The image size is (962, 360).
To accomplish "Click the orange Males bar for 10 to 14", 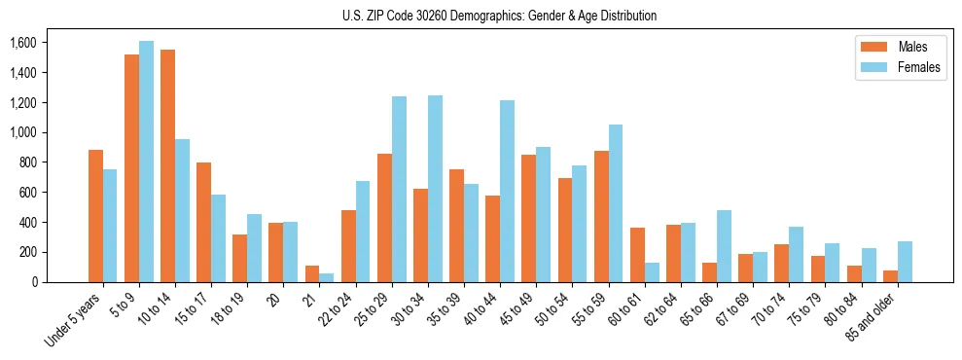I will (167, 165).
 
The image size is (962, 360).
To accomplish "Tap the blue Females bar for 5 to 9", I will (146, 162).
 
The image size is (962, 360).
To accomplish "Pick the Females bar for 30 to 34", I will (435, 189).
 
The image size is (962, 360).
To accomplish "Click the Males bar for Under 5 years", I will (95, 216).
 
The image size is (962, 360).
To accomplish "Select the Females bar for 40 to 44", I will (507, 191).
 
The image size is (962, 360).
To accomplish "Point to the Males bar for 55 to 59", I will (600, 216).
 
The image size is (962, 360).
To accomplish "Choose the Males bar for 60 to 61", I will (636, 255).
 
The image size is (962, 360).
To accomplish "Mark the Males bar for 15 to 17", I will (203, 222).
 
